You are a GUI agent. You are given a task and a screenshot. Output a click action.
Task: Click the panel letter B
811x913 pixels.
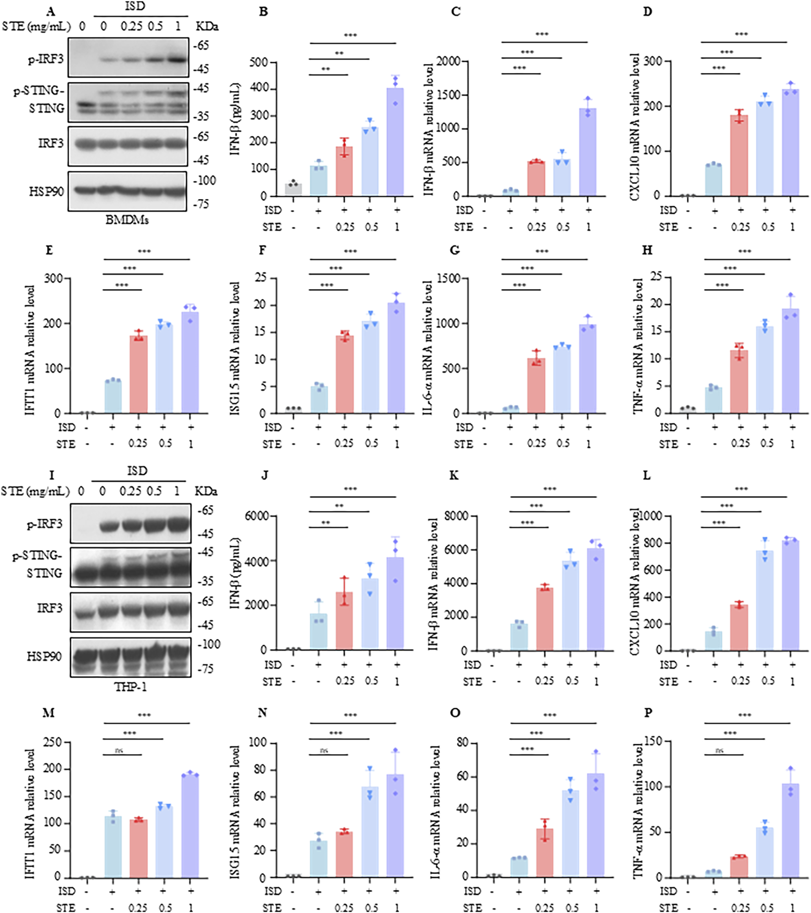click(x=263, y=11)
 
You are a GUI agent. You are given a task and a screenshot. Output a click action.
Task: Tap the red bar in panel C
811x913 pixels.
click(x=536, y=178)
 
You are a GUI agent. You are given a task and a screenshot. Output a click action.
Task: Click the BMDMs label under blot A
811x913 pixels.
click(x=127, y=220)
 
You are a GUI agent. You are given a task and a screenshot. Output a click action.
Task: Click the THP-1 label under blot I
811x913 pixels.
click(x=130, y=687)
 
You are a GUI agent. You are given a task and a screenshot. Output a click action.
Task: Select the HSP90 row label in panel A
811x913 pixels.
click(x=46, y=191)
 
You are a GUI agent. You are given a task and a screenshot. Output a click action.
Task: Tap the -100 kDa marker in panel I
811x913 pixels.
click(x=209, y=644)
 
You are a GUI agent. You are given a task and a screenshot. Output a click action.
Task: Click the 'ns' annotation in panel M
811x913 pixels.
click(x=120, y=751)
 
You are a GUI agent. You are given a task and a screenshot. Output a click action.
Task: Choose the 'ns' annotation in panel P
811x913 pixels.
click(x=719, y=751)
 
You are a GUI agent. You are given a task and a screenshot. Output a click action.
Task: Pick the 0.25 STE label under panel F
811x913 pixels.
click(x=344, y=443)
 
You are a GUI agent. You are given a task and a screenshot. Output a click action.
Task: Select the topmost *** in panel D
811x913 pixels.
click(x=741, y=34)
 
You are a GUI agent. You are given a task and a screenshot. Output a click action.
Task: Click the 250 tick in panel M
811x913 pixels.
click(x=52, y=742)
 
